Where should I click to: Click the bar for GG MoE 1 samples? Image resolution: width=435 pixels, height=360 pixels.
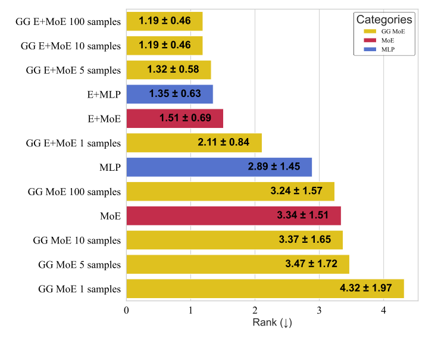265,289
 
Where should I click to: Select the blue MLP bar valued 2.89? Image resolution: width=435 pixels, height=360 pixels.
219,167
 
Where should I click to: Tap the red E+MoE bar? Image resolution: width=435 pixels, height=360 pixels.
174,118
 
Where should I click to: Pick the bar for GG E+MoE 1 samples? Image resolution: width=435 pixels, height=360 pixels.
194,143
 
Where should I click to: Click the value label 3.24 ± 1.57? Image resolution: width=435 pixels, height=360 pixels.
296,192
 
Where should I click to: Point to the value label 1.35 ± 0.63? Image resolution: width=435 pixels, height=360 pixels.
176,94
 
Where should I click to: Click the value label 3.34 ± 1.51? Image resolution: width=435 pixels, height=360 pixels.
302,215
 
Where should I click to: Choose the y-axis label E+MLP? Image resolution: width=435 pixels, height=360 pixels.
104,94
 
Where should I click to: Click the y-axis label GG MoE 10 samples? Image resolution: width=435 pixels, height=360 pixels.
77,240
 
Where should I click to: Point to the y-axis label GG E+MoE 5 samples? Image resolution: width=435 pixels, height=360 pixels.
73,70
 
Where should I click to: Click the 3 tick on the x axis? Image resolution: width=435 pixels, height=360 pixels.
319,311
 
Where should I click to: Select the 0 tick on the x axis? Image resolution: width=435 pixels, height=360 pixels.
127,311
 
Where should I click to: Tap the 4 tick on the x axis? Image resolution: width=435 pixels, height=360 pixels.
383,311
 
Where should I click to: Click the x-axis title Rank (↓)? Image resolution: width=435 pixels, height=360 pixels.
272,323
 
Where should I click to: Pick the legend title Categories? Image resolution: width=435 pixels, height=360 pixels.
384,19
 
